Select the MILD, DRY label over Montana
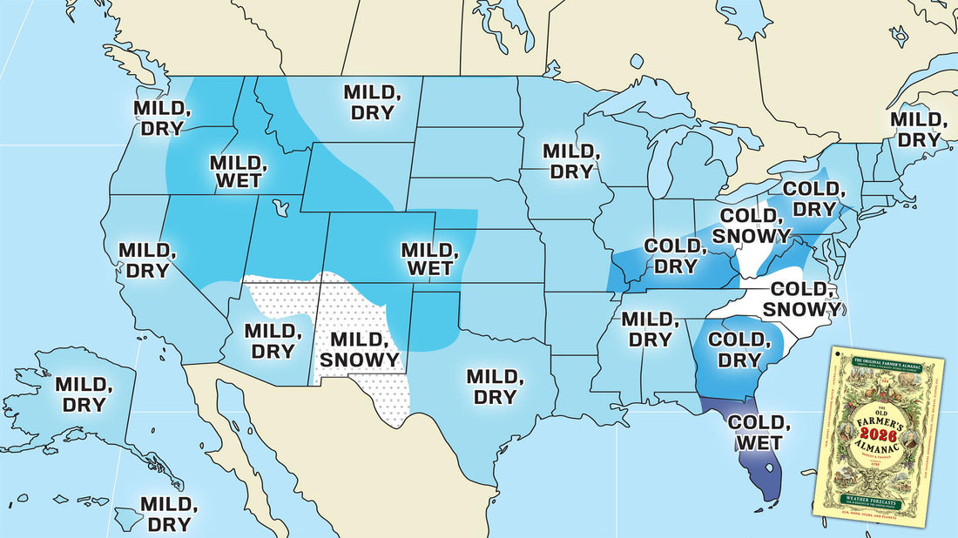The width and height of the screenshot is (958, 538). (373, 102)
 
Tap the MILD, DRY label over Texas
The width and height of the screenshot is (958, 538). (496, 387)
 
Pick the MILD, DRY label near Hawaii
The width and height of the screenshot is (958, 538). (169, 514)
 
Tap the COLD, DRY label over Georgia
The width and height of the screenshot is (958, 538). (739, 350)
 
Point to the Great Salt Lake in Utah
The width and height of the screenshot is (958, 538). (280, 209)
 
